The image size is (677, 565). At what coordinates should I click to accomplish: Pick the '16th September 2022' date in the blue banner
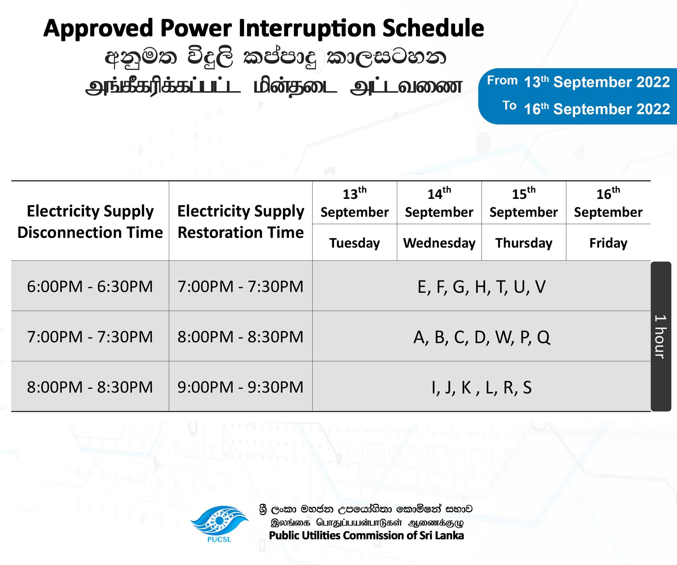(597, 109)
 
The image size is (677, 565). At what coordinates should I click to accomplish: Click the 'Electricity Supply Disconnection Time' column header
(90, 222)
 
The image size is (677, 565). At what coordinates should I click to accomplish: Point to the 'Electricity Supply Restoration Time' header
(241, 222)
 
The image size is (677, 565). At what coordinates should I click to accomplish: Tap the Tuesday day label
(354, 243)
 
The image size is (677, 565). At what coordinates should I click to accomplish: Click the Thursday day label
(524, 243)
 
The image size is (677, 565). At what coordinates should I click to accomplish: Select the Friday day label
(608, 243)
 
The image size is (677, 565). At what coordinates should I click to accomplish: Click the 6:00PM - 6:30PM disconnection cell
(90, 286)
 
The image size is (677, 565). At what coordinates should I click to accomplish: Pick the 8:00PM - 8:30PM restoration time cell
(241, 337)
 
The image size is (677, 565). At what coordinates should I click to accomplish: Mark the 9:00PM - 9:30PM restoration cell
(241, 387)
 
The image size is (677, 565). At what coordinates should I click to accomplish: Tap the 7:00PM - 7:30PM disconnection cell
(90, 337)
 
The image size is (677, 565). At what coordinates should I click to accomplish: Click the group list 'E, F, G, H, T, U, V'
(481, 287)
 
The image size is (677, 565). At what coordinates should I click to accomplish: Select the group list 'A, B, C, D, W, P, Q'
(481, 337)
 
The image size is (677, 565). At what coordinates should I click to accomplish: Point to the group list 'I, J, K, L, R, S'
(481, 388)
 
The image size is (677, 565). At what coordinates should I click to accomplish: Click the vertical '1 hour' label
(660, 337)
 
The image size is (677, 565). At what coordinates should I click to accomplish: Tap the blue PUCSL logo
(219, 524)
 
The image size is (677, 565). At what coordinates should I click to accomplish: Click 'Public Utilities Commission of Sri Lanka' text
(366, 536)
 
